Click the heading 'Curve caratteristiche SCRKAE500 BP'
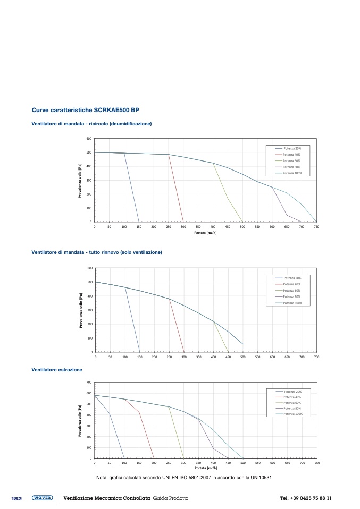(86, 111)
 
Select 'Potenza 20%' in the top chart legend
(293, 148)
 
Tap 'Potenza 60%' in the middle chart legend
(292, 291)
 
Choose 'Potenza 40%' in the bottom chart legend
(292, 397)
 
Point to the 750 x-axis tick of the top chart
(316, 226)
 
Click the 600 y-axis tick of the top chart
(89, 139)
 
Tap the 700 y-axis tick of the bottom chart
(89, 383)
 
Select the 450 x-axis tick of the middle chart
(228, 357)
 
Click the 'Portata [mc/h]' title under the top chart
(205, 233)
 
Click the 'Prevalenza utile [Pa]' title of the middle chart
(80, 310)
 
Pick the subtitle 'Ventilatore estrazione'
(57, 369)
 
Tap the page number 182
(16, 498)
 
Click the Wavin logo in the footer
(42, 498)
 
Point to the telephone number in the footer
(306, 498)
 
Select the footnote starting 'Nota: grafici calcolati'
(184, 477)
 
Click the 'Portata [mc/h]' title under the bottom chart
(205, 468)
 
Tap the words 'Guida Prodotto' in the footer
(171, 498)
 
